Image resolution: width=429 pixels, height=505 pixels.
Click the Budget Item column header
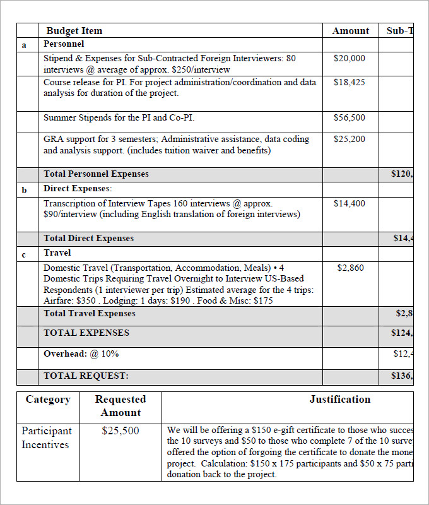coord(74,31)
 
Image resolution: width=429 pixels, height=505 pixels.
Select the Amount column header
coord(350,31)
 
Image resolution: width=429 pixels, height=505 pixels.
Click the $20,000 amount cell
coord(349,58)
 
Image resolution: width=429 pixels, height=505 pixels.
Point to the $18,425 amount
coord(349,82)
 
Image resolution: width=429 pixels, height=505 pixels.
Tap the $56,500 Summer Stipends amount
coord(349,117)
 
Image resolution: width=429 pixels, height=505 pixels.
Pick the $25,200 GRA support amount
coord(349,139)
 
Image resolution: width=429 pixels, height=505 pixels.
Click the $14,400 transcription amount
coord(349,203)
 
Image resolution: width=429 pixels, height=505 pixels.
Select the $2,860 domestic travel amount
coord(350,268)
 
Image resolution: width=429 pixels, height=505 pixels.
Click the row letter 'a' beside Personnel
coord(24,45)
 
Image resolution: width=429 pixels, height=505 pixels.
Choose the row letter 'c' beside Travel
coord(24,254)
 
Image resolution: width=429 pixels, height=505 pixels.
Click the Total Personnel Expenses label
coord(96,174)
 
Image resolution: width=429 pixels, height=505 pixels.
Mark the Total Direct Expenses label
coord(88,238)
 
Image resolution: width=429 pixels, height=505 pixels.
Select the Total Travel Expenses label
coord(89,313)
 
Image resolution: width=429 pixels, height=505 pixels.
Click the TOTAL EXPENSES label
coord(86,333)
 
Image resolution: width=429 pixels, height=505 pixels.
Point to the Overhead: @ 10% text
coord(81,354)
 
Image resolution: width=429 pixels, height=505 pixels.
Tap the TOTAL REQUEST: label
coord(86,376)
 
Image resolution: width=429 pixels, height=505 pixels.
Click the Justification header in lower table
coord(339,400)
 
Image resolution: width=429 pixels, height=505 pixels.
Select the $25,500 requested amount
coord(120,431)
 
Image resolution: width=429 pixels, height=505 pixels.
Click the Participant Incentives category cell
coord(47,437)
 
